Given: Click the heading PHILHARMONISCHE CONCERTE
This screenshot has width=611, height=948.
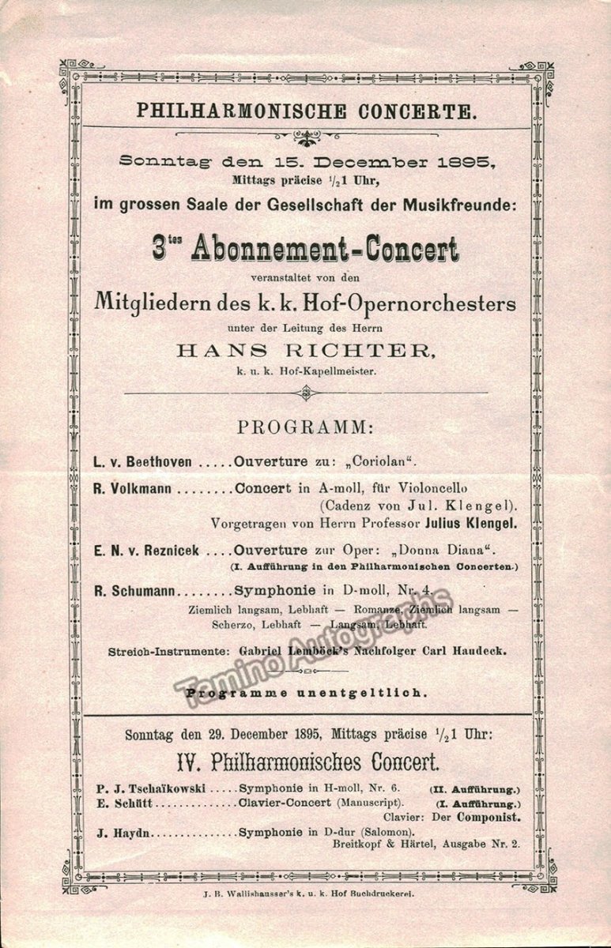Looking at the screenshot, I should click(307, 111).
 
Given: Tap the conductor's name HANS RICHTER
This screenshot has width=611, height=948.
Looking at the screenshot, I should click(304, 351).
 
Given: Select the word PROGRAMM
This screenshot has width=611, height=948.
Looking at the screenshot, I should click(305, 427).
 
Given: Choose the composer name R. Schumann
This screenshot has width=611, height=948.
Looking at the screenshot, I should click(134, 591).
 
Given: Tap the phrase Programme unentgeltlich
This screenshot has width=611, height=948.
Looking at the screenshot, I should click(306, 693).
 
